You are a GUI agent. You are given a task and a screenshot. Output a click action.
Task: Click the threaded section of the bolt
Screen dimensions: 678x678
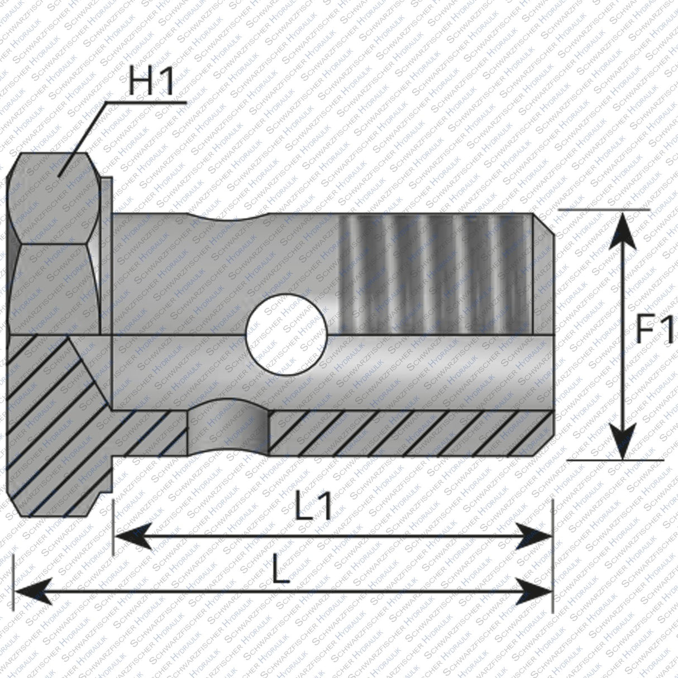(x=436, y=274)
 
